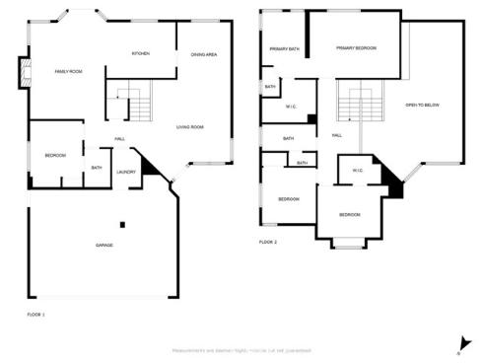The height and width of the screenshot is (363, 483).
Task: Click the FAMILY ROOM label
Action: [67, 72]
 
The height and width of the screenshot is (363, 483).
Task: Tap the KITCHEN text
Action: [141, 53]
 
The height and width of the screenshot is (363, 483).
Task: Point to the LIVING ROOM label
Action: [189, 127]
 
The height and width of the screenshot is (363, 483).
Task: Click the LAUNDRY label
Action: [126, 172]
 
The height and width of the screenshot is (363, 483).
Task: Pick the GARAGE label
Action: [103, 245]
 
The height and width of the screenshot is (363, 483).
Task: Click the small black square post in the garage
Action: [123, 222]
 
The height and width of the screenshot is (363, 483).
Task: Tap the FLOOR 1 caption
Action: [36, 314]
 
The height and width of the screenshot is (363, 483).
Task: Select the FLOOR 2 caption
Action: [268, 242]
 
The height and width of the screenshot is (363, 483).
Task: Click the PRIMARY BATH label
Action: [285, 48]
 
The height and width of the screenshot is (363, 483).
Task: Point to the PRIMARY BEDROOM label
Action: [355, 47]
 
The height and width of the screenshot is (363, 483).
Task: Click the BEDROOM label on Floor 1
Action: [55, 156]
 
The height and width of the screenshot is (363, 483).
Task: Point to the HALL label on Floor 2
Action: [337, 135]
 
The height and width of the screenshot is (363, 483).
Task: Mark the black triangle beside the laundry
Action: [149, 171]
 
